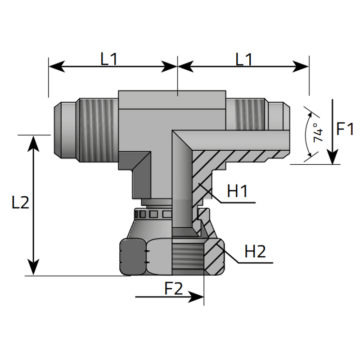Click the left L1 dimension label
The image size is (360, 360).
tap(109, 59)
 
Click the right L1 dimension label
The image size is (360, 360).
tap(244, 59)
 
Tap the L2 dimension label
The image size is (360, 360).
tap(20, 202)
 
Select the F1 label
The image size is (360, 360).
tap(344, 129)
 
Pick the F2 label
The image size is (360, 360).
tap(174, 288)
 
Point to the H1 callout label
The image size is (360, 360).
tap(237, 191)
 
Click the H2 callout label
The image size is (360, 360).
tap(255, 252)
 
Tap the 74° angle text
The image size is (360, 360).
tap(318, 132)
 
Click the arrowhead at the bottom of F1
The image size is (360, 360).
tap(332, 157)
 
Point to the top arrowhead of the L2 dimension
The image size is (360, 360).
tap(33, 144)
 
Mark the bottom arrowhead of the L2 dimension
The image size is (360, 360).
tap(33, 267)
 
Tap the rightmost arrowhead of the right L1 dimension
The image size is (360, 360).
tap(301, 67)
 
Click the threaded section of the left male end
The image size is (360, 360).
tap(98, 130)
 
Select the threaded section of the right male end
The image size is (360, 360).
tap(245, 115)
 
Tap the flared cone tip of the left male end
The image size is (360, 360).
tap(58, 130)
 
